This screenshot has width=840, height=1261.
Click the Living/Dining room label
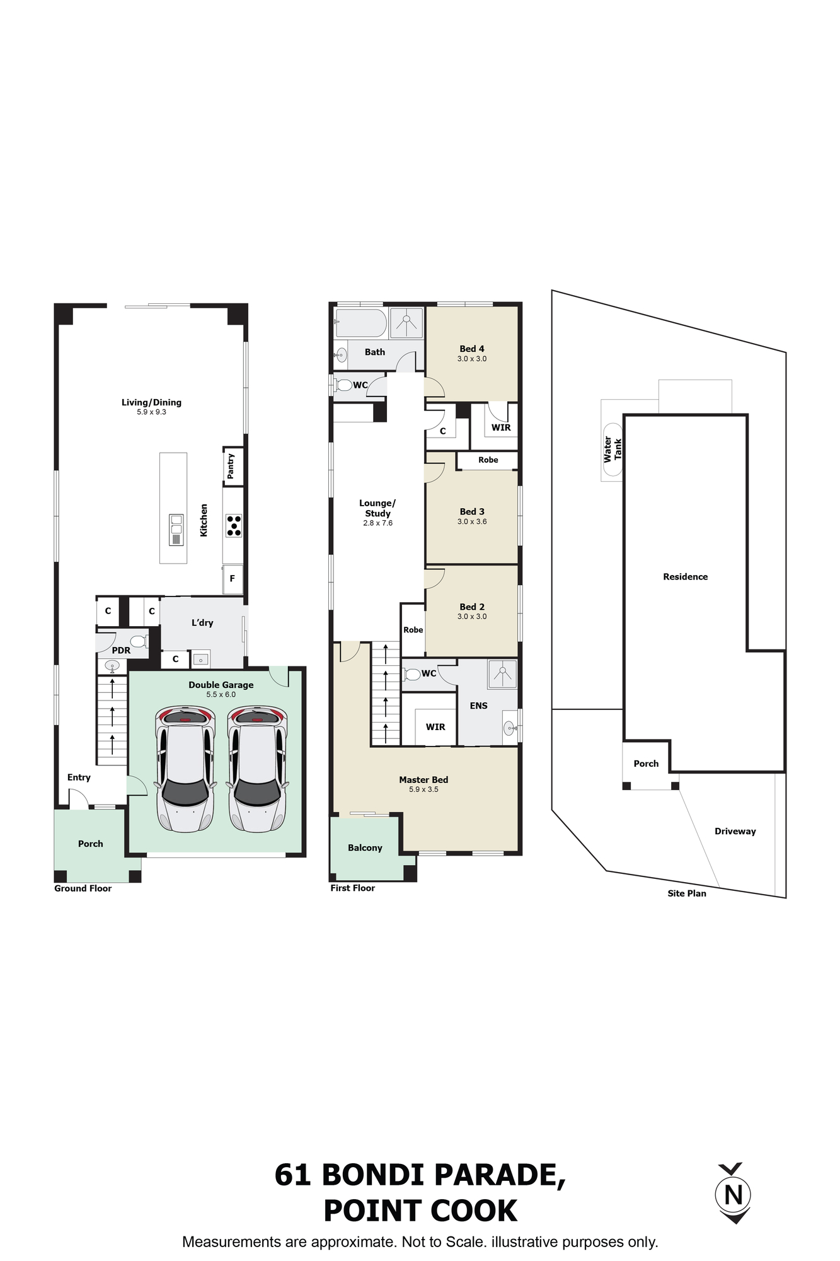tap(151, 402)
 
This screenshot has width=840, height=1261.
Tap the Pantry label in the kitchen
tap(231, 466)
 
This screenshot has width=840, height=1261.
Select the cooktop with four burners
tap(233, 526)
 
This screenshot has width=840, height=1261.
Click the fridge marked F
tap(233, 578)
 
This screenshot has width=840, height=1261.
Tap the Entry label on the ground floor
tap(79, 777)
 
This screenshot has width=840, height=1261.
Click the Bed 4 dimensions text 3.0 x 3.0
tap(472, 359)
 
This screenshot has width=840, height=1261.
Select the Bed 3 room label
tap(472, 511)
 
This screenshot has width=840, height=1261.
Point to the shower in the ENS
tap(502, 674)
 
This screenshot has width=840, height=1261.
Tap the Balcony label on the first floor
tap(365, 847)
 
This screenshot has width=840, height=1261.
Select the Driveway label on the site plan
tap(735, 831)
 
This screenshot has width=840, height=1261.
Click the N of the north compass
tap(734, 1194)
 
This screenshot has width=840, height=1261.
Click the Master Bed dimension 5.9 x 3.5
tap(423, 789)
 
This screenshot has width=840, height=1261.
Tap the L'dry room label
tap(202, 622)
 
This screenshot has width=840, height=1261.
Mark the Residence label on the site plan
tap(685, 576)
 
